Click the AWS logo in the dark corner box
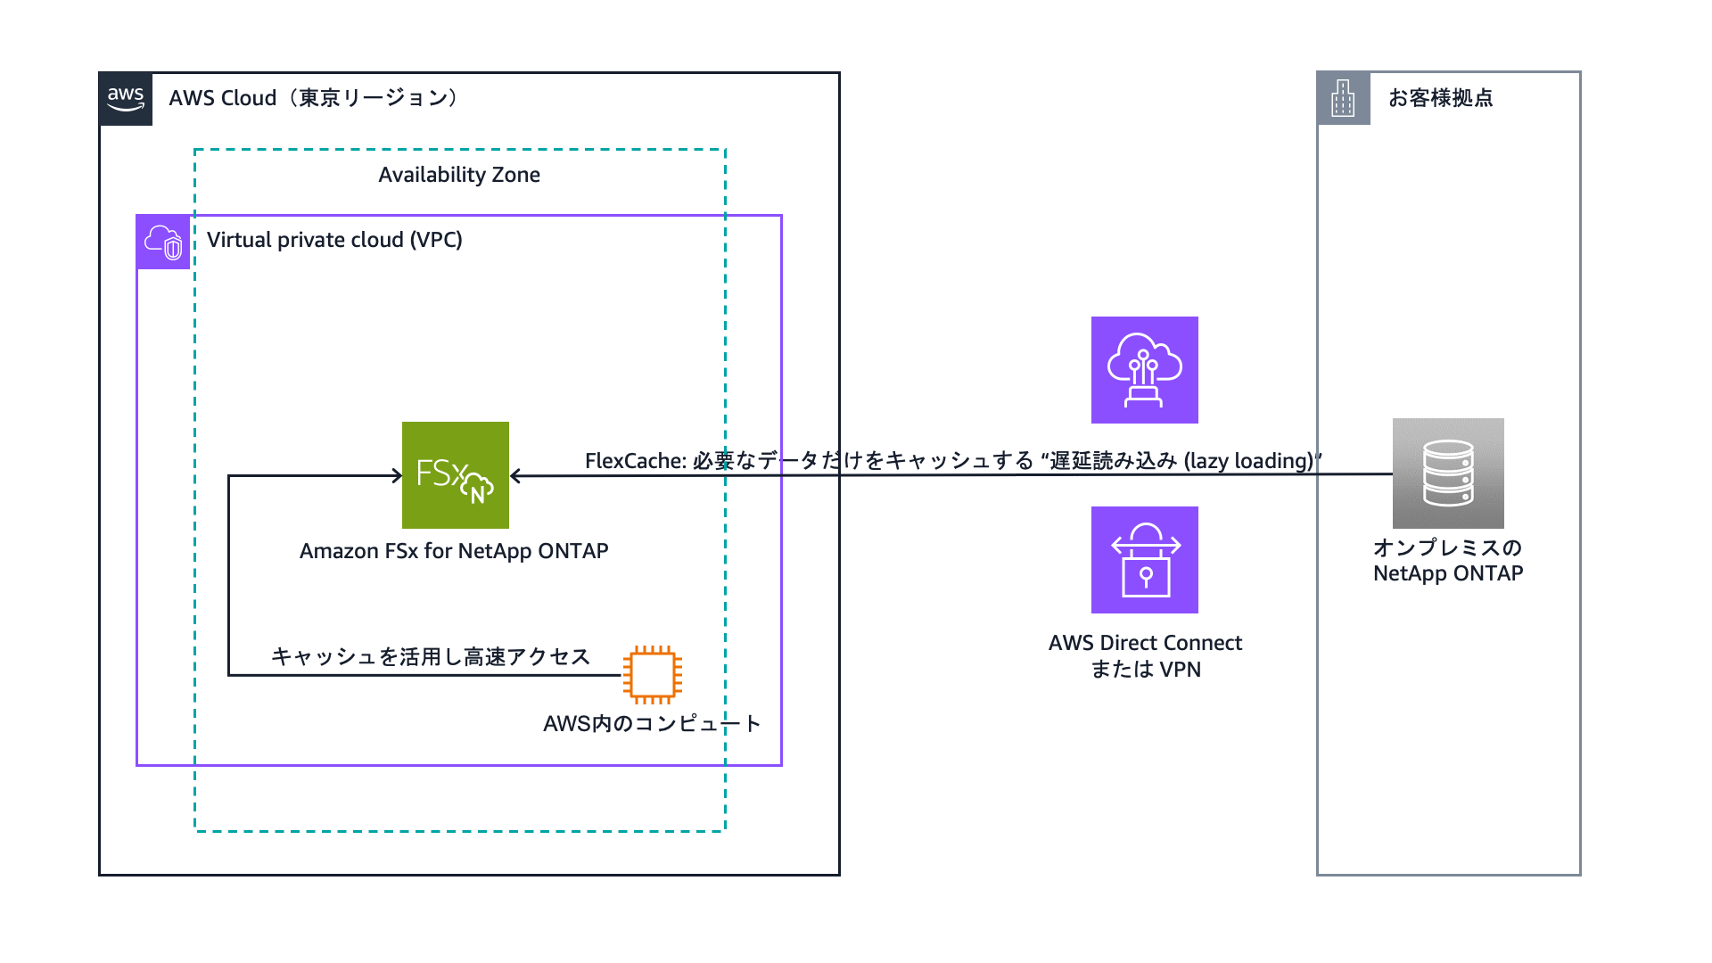point(126,99)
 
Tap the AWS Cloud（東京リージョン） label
point(313,98)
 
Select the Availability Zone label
point(458,175)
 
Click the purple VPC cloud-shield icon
point(163,242)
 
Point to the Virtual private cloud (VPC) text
point(334,240)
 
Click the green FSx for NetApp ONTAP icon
point(456,475)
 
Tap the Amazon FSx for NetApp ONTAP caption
point(454,551)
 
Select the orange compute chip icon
point(653,675)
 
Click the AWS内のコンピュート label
point(651,723)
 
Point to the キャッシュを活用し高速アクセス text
point(431,657)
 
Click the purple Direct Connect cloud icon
point(1144,370)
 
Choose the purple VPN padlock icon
point(1144,560)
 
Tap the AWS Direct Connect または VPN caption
point(1145,655)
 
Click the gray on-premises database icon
point(1448,473)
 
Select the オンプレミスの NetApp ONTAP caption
point(1448,560)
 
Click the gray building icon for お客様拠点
point(1344,98)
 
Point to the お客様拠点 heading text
point(1440,98)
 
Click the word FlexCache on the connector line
point(634,461)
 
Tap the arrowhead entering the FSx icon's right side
point(515,476)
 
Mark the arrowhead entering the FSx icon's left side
point(398,475)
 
